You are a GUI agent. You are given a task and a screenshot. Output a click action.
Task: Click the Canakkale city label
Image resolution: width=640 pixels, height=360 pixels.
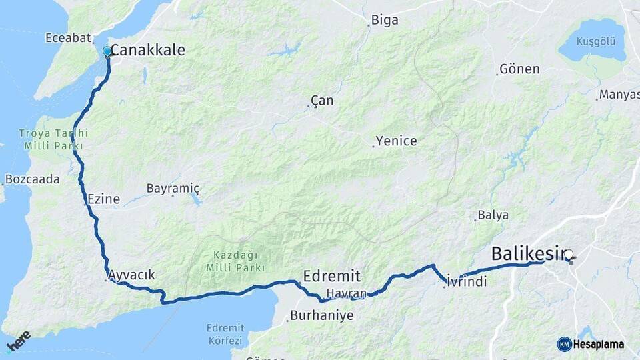(147, 50)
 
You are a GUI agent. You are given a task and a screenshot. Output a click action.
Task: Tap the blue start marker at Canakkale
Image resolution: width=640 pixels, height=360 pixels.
(107, 51)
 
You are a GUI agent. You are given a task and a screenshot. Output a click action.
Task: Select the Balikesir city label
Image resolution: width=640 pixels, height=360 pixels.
(528, 253)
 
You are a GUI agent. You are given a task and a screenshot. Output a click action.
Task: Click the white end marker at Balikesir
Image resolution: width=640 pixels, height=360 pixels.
(569, 254)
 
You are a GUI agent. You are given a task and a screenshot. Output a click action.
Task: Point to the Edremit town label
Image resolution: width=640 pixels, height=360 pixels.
(331, 275)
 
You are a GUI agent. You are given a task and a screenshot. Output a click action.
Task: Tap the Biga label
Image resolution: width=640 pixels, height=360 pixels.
(385, 20)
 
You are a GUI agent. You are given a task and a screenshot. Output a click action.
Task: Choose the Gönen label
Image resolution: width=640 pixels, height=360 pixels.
(519, 69)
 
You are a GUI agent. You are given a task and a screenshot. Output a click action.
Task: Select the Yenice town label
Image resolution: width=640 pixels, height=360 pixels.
(396, 141)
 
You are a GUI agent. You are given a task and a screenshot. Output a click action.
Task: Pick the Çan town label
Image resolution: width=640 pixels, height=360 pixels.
(322, 101)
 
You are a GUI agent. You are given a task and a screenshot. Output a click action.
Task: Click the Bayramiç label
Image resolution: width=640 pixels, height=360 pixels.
(173, 189)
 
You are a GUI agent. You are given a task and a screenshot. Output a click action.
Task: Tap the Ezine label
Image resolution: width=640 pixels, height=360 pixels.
(103, 199)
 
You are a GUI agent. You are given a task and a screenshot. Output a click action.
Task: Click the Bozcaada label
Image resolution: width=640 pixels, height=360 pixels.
(33, 179)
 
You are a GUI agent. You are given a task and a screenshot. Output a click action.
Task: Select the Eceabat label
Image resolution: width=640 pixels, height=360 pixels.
(67, 38)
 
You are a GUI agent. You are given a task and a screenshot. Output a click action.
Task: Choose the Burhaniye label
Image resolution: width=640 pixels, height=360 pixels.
(322, 315)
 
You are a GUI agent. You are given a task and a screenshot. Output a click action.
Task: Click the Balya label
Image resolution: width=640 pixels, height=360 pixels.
(493, 215)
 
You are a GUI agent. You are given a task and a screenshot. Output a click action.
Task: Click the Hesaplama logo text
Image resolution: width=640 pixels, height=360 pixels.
(598, 344)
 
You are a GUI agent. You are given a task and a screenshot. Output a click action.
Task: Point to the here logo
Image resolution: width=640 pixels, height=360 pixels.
(18, 341)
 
